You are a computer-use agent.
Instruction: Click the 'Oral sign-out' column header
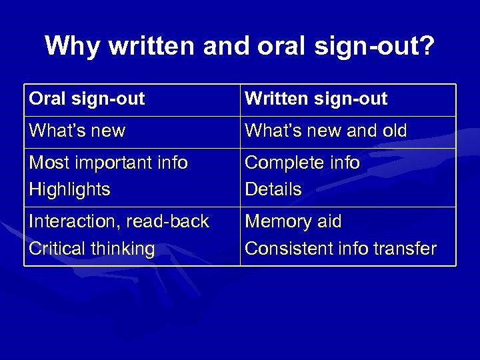pyautogui.click(x=87, y=99)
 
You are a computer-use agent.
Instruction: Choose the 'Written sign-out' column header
pyautogui.click(x=316, y=99)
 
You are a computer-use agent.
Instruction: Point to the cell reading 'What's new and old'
pyautogui.click(x=325, y=131)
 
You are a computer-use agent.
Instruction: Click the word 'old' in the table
pyautogui.click(x=393, y=131)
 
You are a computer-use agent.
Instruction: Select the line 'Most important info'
pyautogui.click(x=108, y=163)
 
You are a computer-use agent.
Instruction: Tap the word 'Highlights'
pyautogui.click(x=69, y=189)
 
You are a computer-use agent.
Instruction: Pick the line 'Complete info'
pyautogui.click(x=302, y=163)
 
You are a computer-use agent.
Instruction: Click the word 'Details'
pyautogui.click(x=273, y=189)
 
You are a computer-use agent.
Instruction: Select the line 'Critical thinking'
pyautogui.click(x=91, y=249)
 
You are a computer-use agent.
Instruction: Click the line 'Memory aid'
pyautogui.click(x=293, y=221)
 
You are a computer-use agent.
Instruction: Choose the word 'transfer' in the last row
pyautogui.click(x=406, y=249)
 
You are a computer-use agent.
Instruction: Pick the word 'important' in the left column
pyautogui.click(x=113, y=163)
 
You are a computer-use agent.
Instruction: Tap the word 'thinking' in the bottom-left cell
pyautogui.click(x=121, y=249)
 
